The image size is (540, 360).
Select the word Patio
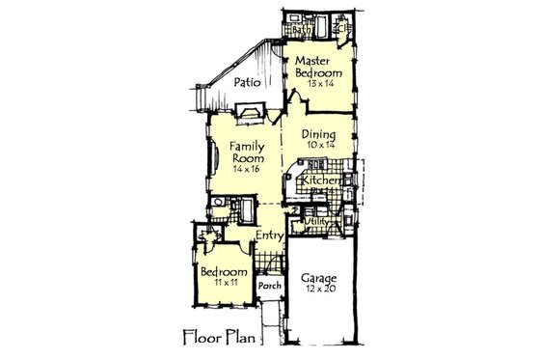[249, 82]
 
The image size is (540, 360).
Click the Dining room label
[316, 135]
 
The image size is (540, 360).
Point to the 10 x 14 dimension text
[316, 146]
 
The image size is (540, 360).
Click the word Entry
[269, 235]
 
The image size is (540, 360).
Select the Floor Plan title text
[220, 339]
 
